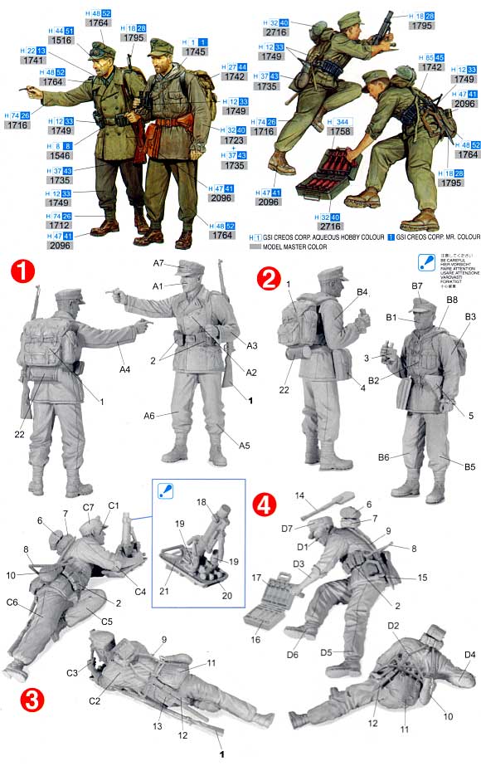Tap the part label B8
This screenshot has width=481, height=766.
coord(452,300)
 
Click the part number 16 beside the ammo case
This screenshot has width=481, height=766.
coord(255,640)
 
